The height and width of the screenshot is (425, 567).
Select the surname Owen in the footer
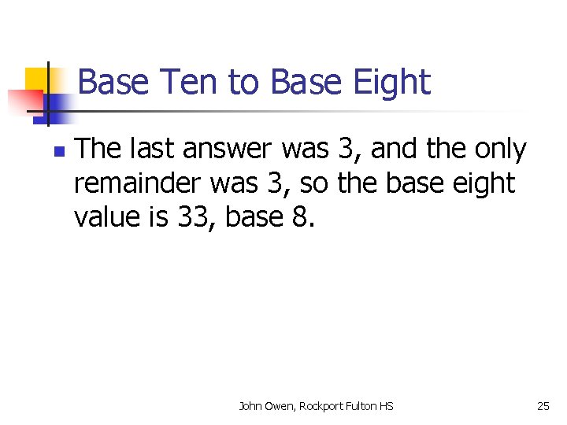pos(281,406)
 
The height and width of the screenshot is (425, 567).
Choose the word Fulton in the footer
pos(362,406)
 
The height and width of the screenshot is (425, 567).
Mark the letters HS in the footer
pos(386,406)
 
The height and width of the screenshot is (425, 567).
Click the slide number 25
pos(543,406)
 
